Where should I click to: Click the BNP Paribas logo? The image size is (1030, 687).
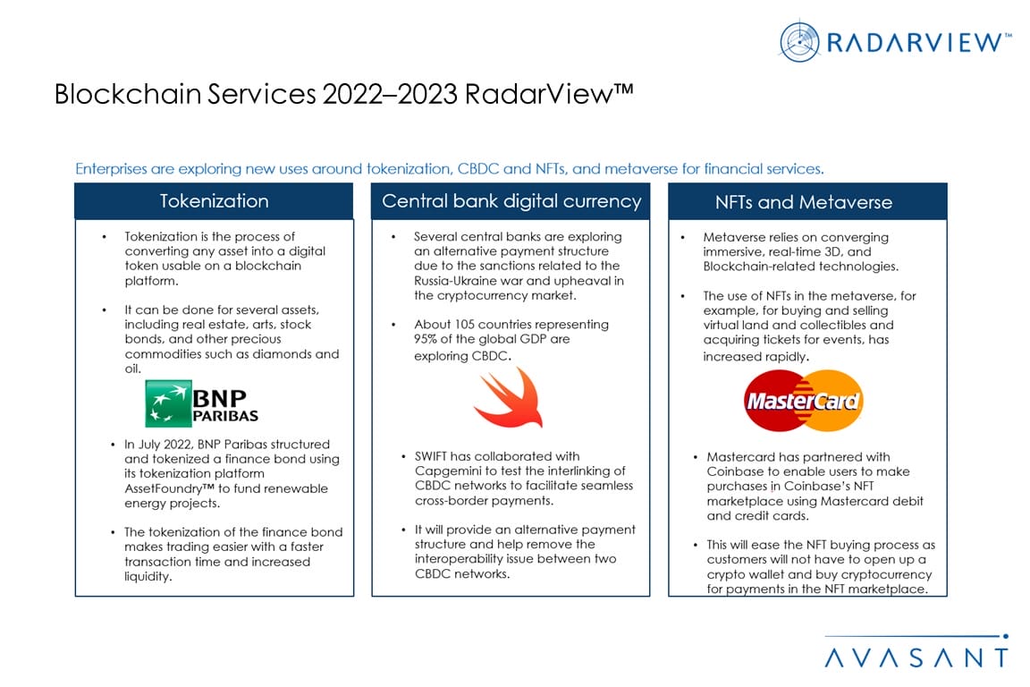(202, 403)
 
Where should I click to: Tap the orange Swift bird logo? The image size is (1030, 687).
(509, 398)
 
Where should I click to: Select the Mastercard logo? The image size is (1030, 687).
(804, 401)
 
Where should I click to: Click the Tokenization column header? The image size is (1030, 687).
(215, 201)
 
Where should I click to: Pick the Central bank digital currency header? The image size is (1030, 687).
(511, 201)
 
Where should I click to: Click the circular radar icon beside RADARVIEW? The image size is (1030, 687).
(799, 42)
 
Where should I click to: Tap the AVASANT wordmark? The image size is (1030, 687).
(916, 657)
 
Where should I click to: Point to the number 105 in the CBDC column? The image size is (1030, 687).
(464, 324)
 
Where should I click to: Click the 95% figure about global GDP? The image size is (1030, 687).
(425, 339)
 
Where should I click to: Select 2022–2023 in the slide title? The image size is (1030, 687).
(390, 94)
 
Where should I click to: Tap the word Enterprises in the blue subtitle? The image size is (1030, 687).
(111, 169)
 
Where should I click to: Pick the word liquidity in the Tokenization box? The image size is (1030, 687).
(148, 577)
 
